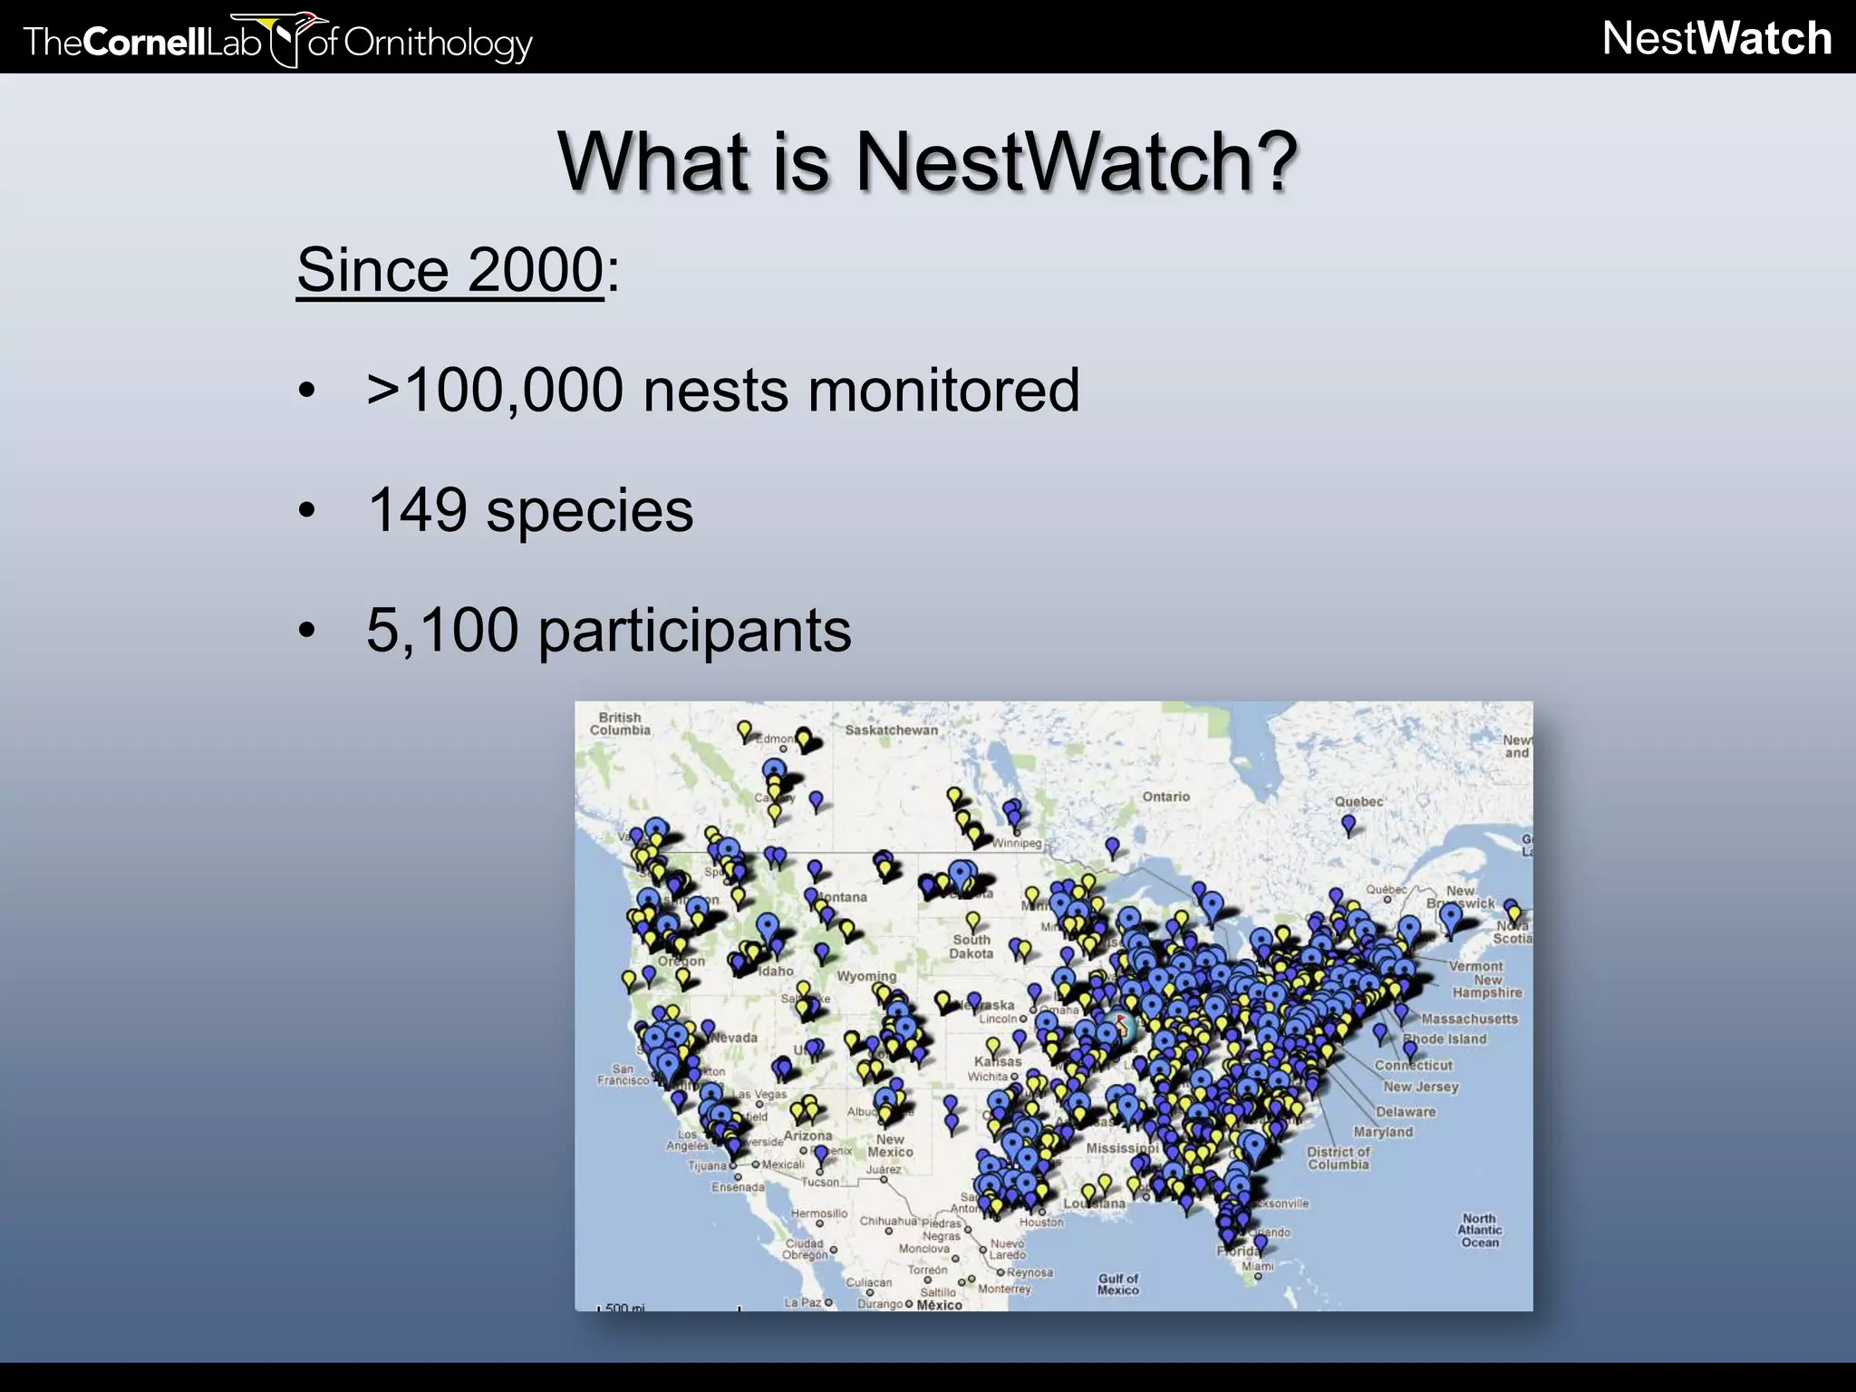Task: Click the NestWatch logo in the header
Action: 1716,38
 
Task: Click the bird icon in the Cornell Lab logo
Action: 288,38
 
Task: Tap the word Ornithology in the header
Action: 437,43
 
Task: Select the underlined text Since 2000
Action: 449,269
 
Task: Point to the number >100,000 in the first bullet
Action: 495,390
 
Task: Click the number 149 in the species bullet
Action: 417,509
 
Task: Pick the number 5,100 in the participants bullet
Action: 442,629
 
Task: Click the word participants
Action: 694,631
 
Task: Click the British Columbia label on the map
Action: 620,723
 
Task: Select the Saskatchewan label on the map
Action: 891,730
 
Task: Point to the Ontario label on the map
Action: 1165,797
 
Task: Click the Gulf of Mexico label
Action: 1117,1284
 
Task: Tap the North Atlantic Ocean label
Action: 1479,1231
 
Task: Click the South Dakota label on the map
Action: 971,946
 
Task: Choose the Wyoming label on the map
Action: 865,976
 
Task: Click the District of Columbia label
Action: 1339,1157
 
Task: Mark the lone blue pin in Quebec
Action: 1348,824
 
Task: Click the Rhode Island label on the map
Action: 1445,1039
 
